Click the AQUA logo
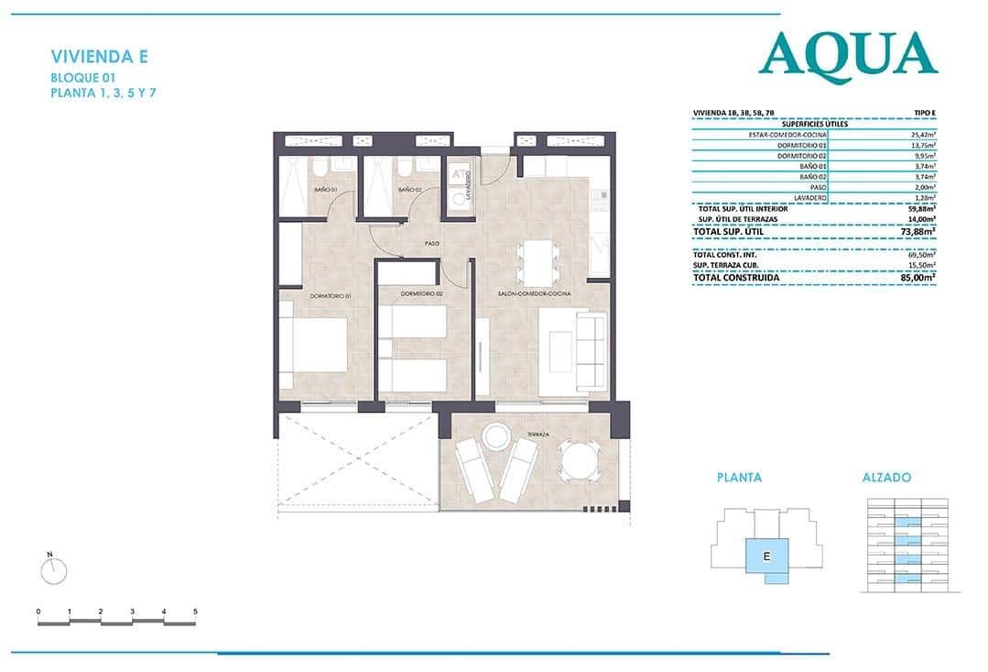coord(848,55)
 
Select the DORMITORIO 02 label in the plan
coord(422,293)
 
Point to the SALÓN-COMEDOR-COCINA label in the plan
coord(535,293)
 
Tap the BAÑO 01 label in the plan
coord(326,190)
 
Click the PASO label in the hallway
coord(432,244)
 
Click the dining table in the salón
coord(536,261)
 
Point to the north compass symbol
coord(54,570)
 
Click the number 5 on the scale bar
coord(195,611)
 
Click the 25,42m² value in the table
coord(922,134)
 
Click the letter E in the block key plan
coord(765,555)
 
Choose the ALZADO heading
coord(886,478)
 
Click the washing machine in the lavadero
coord(459,199)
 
